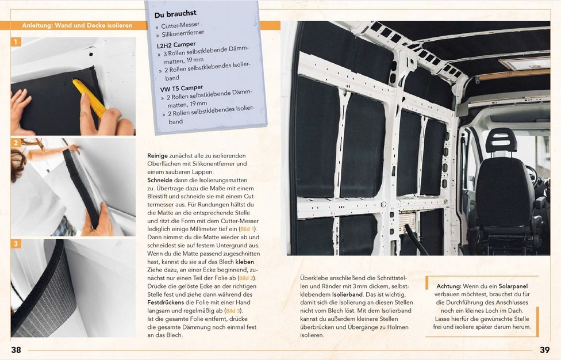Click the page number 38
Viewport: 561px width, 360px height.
16,350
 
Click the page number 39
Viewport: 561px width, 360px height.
545,350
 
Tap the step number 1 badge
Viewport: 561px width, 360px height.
16,42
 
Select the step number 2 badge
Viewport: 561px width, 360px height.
16,143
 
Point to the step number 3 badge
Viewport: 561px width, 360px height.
16,244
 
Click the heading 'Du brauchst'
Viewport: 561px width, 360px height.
175,13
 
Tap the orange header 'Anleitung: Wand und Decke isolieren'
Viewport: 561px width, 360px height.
76,26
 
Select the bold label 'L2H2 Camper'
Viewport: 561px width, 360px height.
176,44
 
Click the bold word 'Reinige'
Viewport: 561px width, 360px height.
158,156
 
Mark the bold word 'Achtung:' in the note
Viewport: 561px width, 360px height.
449,286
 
